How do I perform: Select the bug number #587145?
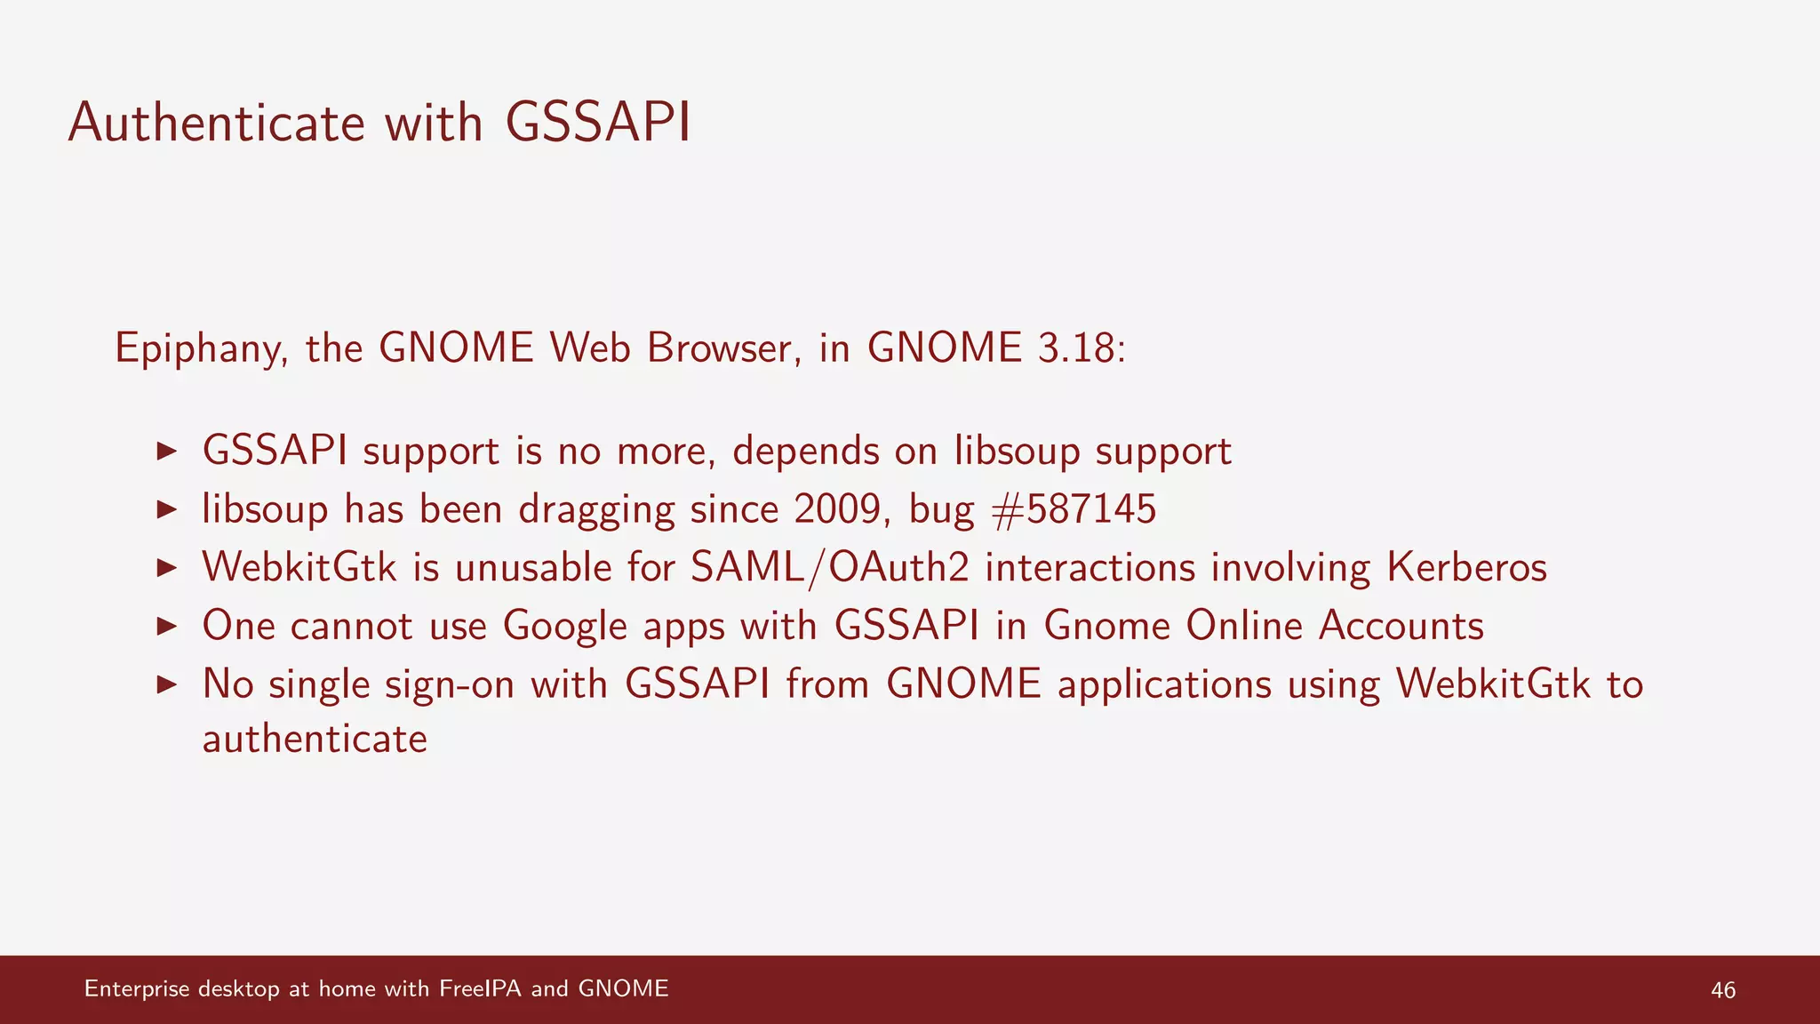click(1074, 509)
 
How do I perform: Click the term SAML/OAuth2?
click(830, 568)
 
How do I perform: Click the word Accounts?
click(1401, 626)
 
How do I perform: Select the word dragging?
click(596, 510)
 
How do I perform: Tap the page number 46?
click(1722, 990)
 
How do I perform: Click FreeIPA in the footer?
click(480, 988)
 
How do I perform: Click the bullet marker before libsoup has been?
click(167, 509)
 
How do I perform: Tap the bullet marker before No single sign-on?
click(167, 684)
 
